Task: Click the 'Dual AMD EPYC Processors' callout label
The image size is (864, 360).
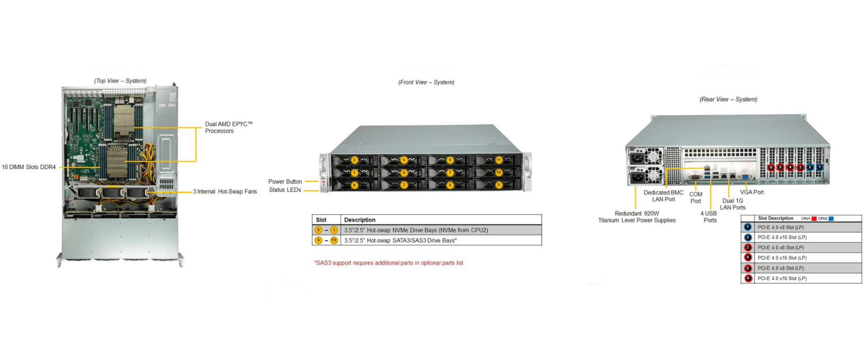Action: pyautogui.click(x=228, y=127)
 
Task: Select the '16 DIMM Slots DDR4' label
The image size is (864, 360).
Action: pyautogui.click(x=29, y=167)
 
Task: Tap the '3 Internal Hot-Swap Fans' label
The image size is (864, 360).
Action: pyautogui.click(x=225, y=192)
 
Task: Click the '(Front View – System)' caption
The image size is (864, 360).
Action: pyautogui.click(x=426, y=82)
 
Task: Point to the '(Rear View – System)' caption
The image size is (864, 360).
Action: pyautogui.click(x=728, y=100)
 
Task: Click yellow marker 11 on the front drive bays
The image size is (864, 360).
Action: pyautogui.click(x=499, y=160)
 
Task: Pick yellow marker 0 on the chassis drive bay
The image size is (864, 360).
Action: pyautogui.click(x=354, y=185)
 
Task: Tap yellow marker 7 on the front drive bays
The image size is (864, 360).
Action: pyautogui.click(x=450, y=173)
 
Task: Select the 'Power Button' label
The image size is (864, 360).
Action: pyautogui.click(x=285, y=181)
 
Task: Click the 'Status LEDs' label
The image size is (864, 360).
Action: pyautogui.click(x=285, y=190)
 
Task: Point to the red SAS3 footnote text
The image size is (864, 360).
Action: pyautogui.click(x=388, y=263)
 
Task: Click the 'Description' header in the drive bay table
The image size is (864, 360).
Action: pyautogui.click(x=359, y=220)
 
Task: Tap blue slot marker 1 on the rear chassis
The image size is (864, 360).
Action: pyautogui.click(x=819, y=167)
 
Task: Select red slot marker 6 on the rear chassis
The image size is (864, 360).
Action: pyautogui.click(x=771, y=167)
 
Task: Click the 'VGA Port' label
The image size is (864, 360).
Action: pyautogui.click(x=752, y=192)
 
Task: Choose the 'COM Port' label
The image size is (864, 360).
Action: pyautogui.click(x=696, y=198)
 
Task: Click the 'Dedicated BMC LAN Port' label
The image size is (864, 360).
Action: pyautogui.click(x=663, y=196)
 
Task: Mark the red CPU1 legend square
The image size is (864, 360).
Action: pyautogui.click(x=814, y=219)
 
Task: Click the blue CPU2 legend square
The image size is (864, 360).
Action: pyautogui.click(x=831, y=219)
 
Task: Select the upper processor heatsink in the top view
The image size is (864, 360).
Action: pyautogui.click(x=124, y=120)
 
